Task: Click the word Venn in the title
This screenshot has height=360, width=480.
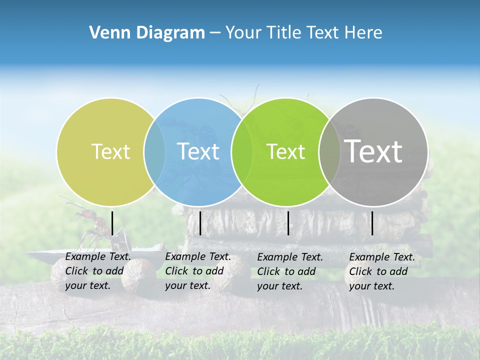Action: pos(106,33)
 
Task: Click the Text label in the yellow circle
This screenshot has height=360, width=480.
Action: pos(110,151)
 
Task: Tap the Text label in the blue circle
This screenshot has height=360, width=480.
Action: pos(198,151)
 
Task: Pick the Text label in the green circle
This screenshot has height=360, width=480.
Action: pos(285,151)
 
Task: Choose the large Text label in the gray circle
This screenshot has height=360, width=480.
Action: pos(373,151)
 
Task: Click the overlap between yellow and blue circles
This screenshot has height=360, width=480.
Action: pos(154,152)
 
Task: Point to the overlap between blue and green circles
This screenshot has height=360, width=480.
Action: pos(242,152)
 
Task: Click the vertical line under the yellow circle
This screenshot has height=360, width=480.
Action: pos(112,223)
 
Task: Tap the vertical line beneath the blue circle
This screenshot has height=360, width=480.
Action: pos(200,223)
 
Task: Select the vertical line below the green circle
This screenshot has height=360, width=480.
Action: pos(288,223)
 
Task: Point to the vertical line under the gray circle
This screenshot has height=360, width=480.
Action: pos(372,223)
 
